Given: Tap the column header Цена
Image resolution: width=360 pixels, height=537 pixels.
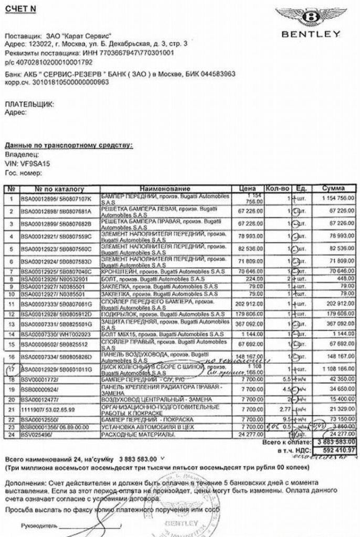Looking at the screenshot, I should click(247, 188).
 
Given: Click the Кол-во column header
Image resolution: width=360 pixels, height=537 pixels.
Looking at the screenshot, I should click(278, 188).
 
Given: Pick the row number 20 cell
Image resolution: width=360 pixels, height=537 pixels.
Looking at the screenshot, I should click(11, 399).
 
